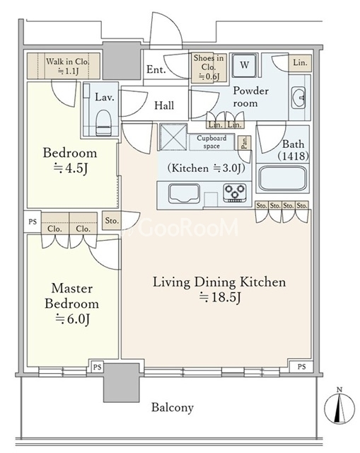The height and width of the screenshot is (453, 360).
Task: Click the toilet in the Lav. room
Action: (103, 122)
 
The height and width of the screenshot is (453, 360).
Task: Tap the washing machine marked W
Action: (244, 65)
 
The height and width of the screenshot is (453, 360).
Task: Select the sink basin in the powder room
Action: (298, 98)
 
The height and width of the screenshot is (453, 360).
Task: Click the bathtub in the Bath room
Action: (283, 178)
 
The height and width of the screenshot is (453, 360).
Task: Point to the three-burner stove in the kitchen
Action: (235, 192)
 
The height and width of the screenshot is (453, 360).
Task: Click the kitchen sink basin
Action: (184, 193)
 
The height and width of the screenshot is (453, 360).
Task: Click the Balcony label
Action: (173, 408)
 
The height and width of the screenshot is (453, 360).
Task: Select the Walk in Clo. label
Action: (68, 66)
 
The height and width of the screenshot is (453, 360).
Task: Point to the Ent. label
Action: (156, 69)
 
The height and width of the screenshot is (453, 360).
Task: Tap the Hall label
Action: (164, 105)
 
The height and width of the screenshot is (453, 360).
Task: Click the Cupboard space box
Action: (211, 142)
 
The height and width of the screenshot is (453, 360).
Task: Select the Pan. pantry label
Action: (244, 142)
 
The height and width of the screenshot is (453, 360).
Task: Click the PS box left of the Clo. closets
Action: (33, 222)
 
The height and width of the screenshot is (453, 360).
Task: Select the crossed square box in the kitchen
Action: (173, 137)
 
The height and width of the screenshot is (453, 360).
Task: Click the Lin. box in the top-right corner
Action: (301, 63)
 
